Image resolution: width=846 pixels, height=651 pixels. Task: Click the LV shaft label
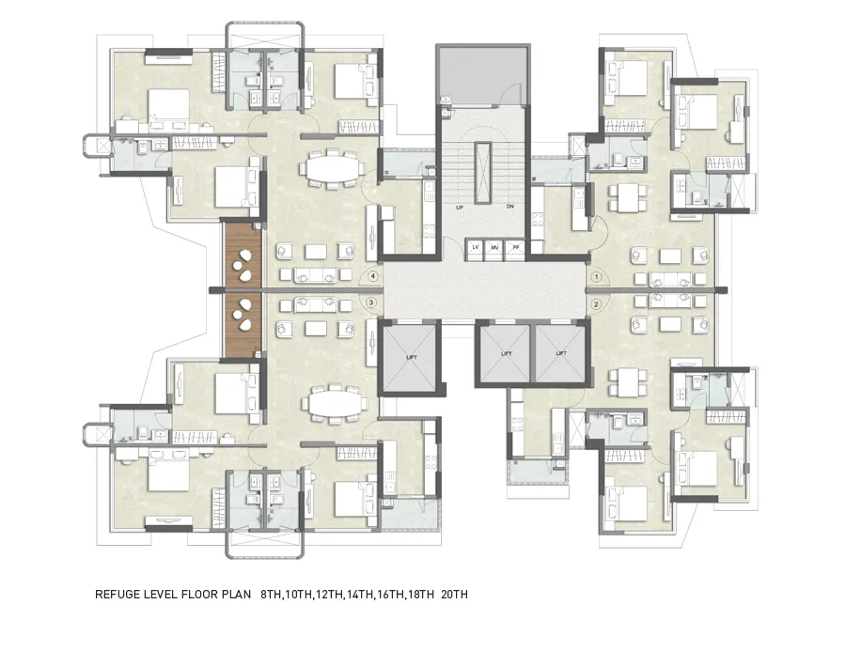click(476, 247)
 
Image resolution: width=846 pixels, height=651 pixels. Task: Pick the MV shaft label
click(495, 247)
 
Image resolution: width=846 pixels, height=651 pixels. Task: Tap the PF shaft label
click(515, 247)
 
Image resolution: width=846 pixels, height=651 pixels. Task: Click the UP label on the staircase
click(460, 206)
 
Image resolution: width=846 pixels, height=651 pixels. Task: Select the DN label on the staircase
click(509, 206)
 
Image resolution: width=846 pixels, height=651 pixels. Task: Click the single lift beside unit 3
click(409, 356)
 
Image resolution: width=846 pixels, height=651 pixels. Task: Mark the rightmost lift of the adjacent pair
click(560, 354)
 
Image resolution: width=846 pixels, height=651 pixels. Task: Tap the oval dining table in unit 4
click(330, 170)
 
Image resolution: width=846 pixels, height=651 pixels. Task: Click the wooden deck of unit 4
click(243, 255)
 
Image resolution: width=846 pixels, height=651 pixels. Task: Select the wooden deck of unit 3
click(243, 323)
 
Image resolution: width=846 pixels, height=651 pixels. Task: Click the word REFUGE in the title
click(118, 595)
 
